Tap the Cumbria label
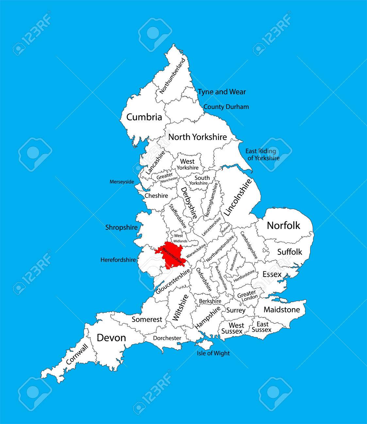[144, 117]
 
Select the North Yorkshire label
[197, 137]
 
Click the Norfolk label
[283, 225]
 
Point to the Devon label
[111, 338]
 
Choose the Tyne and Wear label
[222, 92]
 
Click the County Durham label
[226, 107]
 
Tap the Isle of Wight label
[213, 353]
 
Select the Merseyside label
[122, 182]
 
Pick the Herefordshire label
[118, 260]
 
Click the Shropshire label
[122, 228]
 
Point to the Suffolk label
[290, 252]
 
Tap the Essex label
[272, 275]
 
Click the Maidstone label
[281, 310]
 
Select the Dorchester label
[167, 338]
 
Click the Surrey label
[236, 310]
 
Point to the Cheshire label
[156, 196]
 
